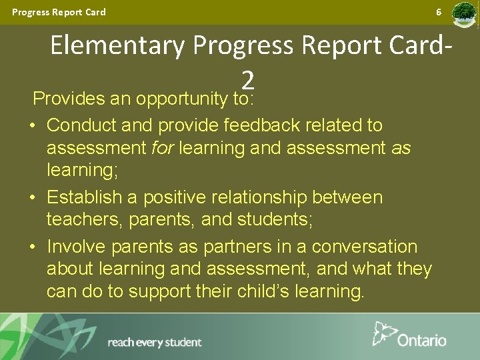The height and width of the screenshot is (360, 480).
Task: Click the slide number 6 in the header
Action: point(439,12)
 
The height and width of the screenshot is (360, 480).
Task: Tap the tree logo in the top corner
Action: point(464,14)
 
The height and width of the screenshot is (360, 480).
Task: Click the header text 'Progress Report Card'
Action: point(59,12)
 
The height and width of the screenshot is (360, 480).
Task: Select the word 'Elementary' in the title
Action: point(118,46)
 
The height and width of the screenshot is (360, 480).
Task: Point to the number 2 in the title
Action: point(248,80)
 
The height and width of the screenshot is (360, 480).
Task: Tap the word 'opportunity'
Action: point(181,99)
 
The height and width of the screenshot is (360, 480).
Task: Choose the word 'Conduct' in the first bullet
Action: point(79,125)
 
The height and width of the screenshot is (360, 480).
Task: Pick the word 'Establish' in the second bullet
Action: point(84,197)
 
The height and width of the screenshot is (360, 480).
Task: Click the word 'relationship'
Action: point(247,197)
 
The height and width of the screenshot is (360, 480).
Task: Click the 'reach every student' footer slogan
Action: point(154,343)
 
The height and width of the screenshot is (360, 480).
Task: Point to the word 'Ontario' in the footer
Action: point(422,340)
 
